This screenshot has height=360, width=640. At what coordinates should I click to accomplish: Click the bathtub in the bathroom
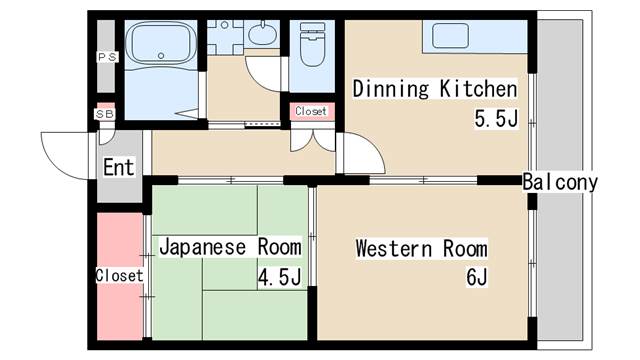pyautogui.click(x=161, y=43)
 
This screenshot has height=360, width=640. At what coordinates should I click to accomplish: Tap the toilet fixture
pyautogui.click(x=312, y=44)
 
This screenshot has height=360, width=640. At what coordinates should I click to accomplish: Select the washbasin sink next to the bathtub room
pyautogui.click(x=262, y=33)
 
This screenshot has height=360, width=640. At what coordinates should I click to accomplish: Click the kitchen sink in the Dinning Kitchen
pyautogui.click(x=450, y=36)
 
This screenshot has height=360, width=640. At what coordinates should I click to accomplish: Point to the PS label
pyautogui.click(x=107, y=57)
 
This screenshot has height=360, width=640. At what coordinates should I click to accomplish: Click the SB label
pyautogui.click(x=105, y=114)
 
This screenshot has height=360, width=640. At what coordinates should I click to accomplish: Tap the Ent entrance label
pyautogui.click(x=118, y=167)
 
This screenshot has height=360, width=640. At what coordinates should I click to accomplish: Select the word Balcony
pyautogui.click(x=560, y=182)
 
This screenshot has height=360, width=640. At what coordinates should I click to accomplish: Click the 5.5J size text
pyautogui.click(x=496, y=119)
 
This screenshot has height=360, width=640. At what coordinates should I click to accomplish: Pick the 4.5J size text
pyautogui.click(x=280, y=277)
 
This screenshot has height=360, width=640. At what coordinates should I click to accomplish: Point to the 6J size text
pyautogui.click(x=477, y=278)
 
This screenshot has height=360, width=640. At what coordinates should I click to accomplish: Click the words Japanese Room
pyautogui.click(x=231, y=247)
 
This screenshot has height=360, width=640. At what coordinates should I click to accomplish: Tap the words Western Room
pyautogui.click(x=421, y=249)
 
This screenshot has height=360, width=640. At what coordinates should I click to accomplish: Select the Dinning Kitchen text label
pyautogui.click(x=435, y=89)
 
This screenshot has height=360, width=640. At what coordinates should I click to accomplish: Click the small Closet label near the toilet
pyautogui.click(x=311, y=111)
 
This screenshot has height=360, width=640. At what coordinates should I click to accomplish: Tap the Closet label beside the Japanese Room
pyautogui.click(x=120, y=276)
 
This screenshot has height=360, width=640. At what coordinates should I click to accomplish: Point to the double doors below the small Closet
pyautogui.click(x=313, y=141)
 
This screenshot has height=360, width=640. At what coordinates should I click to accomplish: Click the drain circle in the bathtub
pyautogui.click(x=161, y=56)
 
